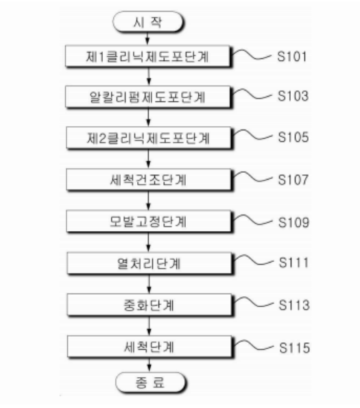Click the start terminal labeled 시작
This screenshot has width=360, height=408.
point(147,22)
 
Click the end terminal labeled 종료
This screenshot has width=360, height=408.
point(150,382)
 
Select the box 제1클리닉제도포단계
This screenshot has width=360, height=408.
point(147,56)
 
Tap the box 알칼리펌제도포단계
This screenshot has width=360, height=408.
point(147,97)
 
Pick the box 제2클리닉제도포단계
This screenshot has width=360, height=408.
point(149,138)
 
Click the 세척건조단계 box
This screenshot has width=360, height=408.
point(149,180)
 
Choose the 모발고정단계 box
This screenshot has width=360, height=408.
point(149,221)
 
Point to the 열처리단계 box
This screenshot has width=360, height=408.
point(149,263)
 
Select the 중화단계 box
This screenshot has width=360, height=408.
point(149,305)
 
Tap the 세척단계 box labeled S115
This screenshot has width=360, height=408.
point(149,347)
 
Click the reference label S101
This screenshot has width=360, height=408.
point(292,56)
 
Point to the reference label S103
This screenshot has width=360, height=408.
point(293,96)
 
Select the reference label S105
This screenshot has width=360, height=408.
point(293,137)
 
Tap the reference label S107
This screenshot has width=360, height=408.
point(293,180)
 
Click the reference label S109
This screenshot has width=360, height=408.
point(293,222)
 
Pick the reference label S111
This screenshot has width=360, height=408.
point(293,263)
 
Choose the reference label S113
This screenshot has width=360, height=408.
point(294,305)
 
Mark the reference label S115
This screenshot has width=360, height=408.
point(294,348)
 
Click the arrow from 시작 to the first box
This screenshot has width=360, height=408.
point(147,39)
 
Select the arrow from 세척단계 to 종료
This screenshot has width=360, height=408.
point(149,365)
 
